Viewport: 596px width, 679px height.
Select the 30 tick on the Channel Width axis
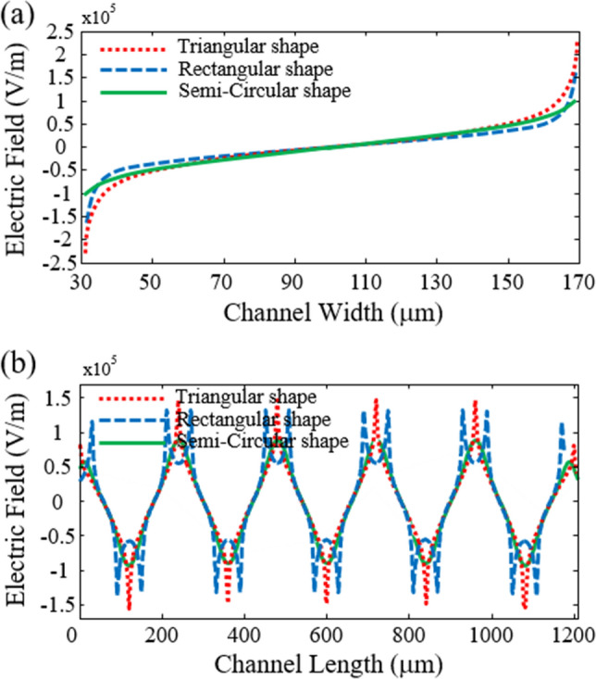click(x=81, y=284)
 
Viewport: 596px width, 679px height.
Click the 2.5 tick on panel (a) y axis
click(x=64, y=34)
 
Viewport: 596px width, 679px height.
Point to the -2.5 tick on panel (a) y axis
click(x=60, y=266)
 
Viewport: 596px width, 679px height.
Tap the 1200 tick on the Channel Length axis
click(x=571, y=635)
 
